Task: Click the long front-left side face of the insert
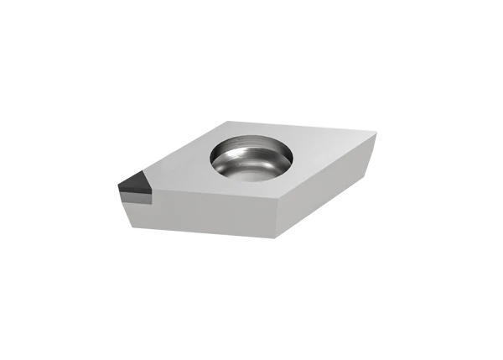tap(210, 210)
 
